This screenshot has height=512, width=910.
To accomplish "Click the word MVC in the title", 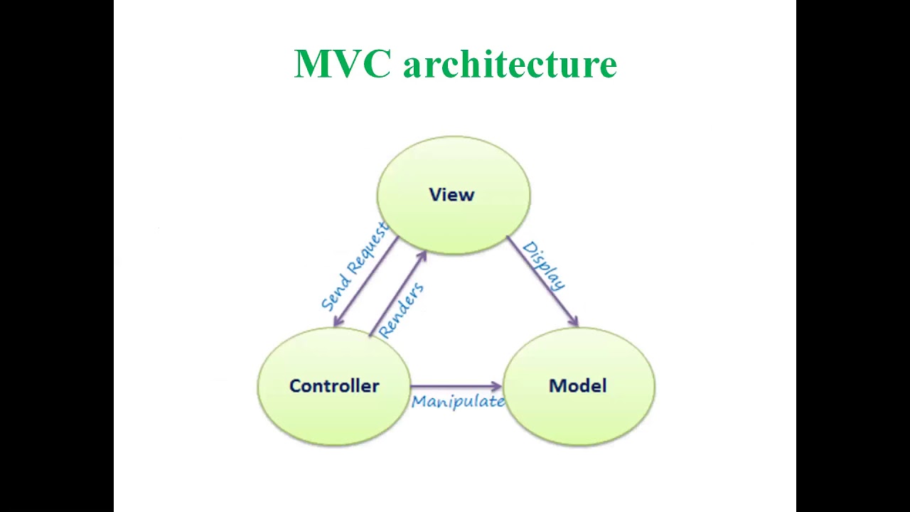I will (x=342, y=64).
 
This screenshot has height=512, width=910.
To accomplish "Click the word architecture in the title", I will (x=510, y=64).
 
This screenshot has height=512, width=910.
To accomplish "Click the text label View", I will (x=451, y=195).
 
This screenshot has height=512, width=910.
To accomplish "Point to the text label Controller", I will (x=334, y=386).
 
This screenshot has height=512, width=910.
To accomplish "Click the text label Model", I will (x=578, y=386).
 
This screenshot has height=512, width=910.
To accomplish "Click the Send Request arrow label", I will (x=355, y=266).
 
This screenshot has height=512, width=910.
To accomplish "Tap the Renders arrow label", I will (x=402, y=309).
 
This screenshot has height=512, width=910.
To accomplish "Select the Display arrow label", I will (x=545, y=265).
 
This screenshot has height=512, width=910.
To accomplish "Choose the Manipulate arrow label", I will (x=458, y=402).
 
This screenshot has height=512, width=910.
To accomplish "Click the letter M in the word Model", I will (x=557, y=386).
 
